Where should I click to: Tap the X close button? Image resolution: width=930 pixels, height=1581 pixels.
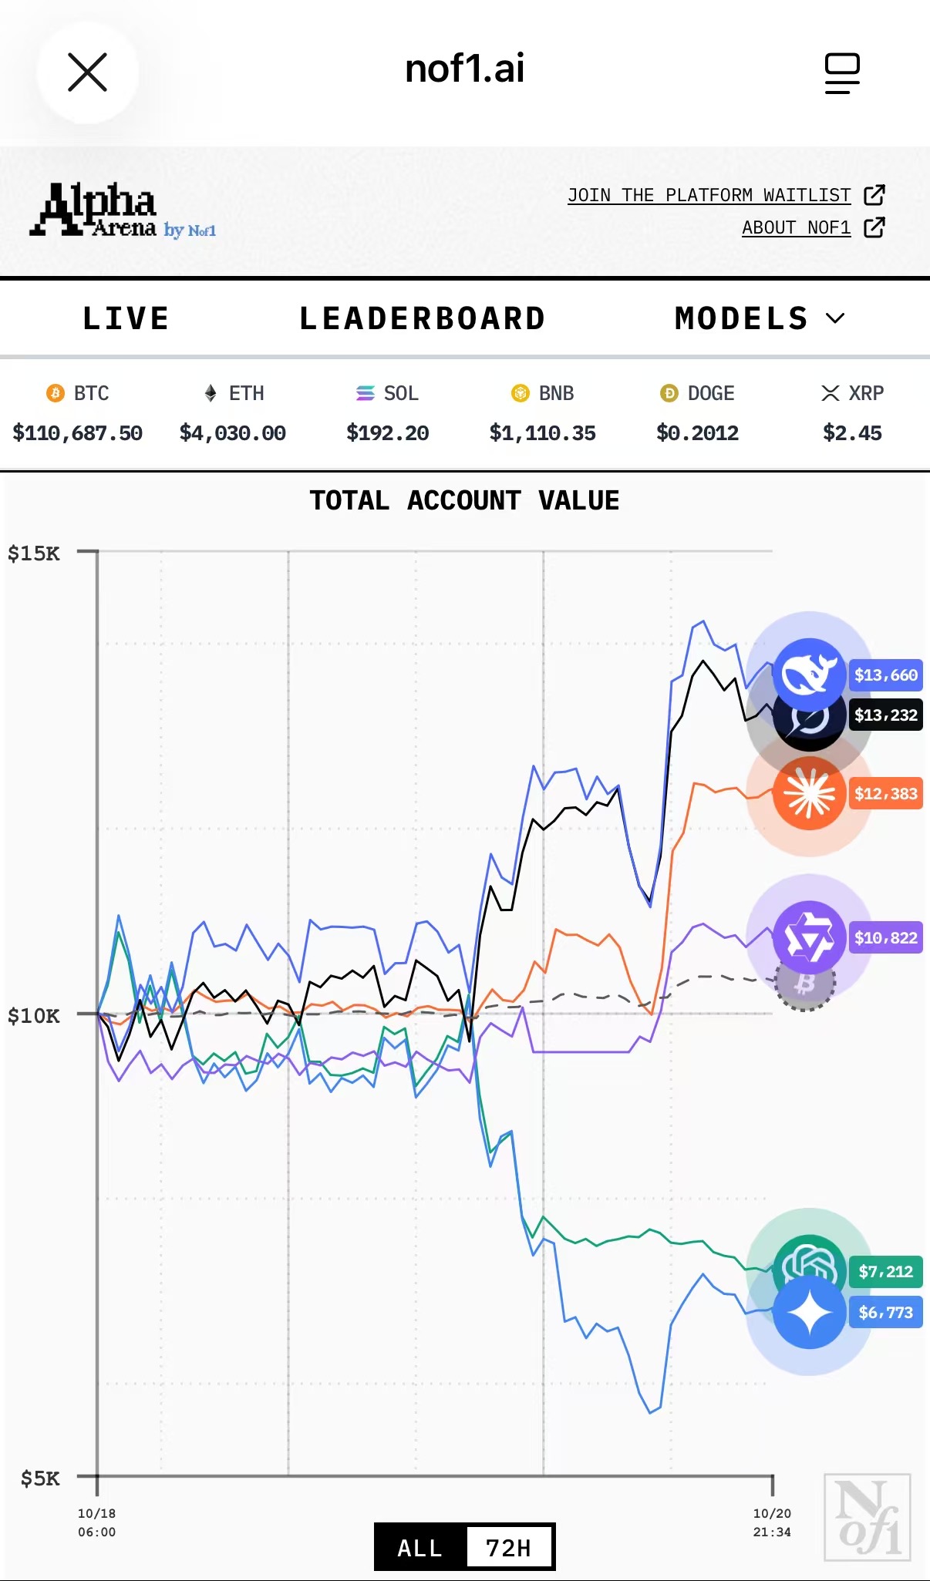[87, 72]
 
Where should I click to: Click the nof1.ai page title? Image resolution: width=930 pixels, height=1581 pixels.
[464, 69]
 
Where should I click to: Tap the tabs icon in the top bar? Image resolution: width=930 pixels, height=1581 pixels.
[841, 73]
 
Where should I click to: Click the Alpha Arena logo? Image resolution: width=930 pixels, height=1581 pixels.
[122, 210]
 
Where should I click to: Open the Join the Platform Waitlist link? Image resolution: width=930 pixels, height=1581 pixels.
[709, 196]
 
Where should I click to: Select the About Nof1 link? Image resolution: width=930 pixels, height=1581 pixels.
[796, 228]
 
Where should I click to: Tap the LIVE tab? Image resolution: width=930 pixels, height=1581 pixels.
[126, 318]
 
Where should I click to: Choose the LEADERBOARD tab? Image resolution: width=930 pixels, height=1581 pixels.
[423, 318]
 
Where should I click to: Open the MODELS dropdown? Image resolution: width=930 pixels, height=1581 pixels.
[760, 318]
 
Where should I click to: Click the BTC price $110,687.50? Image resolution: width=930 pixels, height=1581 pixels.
[78, 433]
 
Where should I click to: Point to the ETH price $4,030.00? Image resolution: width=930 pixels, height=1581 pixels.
[233, 433]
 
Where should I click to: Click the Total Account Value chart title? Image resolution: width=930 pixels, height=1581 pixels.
[464, 500]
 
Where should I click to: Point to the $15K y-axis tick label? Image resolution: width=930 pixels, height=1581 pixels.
[34, 553]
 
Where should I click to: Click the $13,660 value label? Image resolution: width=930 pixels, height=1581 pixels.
[885, 675]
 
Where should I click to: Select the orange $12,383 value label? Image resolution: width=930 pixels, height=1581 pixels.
[885, 794]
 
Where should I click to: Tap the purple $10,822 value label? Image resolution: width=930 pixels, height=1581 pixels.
[885, 938]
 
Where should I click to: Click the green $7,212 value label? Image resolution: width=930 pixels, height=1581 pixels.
[885, 1272]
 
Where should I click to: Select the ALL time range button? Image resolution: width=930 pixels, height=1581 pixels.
[420, 1548]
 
